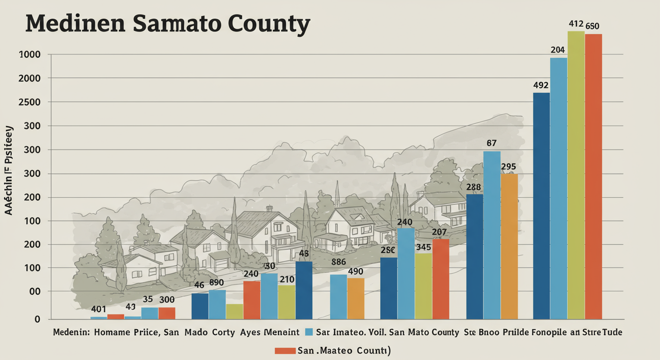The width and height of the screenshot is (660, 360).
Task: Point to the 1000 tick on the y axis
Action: click(29, 55)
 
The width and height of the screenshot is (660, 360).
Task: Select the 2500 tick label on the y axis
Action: click(29, 102)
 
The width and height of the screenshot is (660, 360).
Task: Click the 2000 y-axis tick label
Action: click(29, 78)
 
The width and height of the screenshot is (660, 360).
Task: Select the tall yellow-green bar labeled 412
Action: click(576, 176)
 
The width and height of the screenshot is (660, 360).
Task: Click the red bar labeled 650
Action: click(593, 177)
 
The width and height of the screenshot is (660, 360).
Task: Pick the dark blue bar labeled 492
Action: click(541, 206)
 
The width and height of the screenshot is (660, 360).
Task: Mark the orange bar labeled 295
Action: click(509, 247)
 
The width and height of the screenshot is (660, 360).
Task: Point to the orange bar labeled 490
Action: click(356, 299)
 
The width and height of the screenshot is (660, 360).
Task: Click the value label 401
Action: click(99, 309)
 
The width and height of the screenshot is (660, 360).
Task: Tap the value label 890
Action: click(216, 283)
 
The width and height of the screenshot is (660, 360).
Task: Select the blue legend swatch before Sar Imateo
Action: click(308, 332)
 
